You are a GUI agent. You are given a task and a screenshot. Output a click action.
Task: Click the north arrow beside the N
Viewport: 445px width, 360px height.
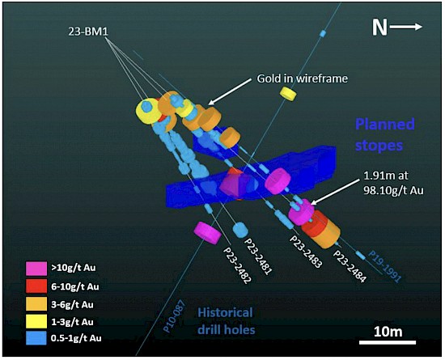[406, 27]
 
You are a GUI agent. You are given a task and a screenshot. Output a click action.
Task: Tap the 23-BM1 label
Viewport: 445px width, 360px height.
[88, 32]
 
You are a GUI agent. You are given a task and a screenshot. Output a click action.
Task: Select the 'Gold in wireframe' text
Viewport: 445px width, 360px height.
[303, 78]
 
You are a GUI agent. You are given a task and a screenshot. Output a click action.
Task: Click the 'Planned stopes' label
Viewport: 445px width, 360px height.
[385, 135]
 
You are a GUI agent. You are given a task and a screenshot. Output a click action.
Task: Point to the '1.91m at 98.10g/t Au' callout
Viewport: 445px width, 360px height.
[393, 183]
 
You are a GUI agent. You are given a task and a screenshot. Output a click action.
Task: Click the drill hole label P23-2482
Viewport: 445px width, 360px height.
[237, 264]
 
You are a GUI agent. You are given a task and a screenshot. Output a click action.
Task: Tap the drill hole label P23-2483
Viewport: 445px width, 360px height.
[306, 252]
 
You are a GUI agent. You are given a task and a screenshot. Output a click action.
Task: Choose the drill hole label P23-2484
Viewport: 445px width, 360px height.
[350, 266]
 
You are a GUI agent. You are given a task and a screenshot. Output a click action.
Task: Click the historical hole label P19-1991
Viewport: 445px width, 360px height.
[384, 266]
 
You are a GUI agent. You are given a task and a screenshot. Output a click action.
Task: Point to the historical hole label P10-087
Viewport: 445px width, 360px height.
[174, 316]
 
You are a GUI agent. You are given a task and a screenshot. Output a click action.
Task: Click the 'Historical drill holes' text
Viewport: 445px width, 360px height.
[226, 321]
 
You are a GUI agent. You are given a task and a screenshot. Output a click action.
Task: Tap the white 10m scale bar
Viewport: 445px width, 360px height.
[388, 342]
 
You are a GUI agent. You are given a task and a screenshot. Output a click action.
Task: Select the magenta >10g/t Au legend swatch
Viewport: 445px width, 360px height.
[36, 269]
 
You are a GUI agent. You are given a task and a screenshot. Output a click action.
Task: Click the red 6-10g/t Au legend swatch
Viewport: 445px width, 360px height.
[36, 286]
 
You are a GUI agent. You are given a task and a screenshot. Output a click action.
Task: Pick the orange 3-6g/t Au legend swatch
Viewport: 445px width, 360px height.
[36, 303]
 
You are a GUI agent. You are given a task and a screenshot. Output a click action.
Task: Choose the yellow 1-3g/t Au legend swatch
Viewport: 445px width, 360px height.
[36, 321]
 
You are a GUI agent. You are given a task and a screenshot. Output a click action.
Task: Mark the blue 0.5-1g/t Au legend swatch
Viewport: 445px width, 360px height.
[36, 338]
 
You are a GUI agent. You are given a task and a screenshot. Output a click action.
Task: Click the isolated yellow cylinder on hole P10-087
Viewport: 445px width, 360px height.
[288, 94]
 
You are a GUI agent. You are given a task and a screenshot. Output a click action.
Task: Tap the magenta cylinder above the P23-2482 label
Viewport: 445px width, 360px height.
[207, 233]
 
